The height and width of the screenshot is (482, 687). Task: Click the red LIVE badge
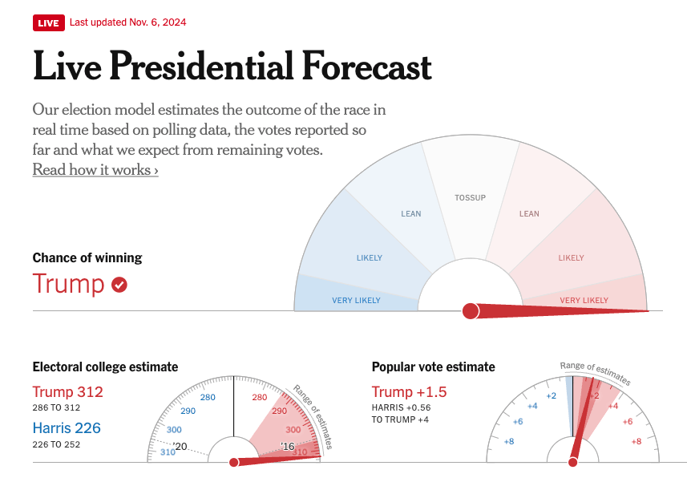click(x=48, y=22)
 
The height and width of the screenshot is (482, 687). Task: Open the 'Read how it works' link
click(x=95, y=170)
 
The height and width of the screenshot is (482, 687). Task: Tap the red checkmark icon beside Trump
click(x=119, y=285)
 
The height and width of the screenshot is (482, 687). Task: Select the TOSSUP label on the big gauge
click(x=470, y=197)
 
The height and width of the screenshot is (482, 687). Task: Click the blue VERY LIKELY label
click(x=356, y=301)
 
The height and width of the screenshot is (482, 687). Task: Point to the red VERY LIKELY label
click(x=584, y=301)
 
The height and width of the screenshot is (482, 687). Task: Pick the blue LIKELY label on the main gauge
click(x=370, y=258)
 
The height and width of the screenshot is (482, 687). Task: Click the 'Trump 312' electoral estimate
click(x=67, y=392)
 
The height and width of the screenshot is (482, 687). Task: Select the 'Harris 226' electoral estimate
click(x=67, y=428)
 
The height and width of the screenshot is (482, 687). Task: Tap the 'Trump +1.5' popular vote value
click(x=409, y=392)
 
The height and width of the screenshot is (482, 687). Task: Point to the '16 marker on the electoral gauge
click(x=288, y=446)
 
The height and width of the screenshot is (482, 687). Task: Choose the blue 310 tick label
click(x=168, y=452)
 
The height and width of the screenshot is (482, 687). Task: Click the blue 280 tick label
click(x=208, y=398)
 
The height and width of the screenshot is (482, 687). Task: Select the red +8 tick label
click(x=636, y=442)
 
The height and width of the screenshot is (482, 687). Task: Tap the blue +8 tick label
click(x=508, y=442)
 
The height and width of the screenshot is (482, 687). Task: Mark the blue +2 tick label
click(x=551, y=396)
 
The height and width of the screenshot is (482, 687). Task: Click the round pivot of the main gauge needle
click(x=471, y=310)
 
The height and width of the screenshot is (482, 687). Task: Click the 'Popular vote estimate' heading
click(x=433, y=367)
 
